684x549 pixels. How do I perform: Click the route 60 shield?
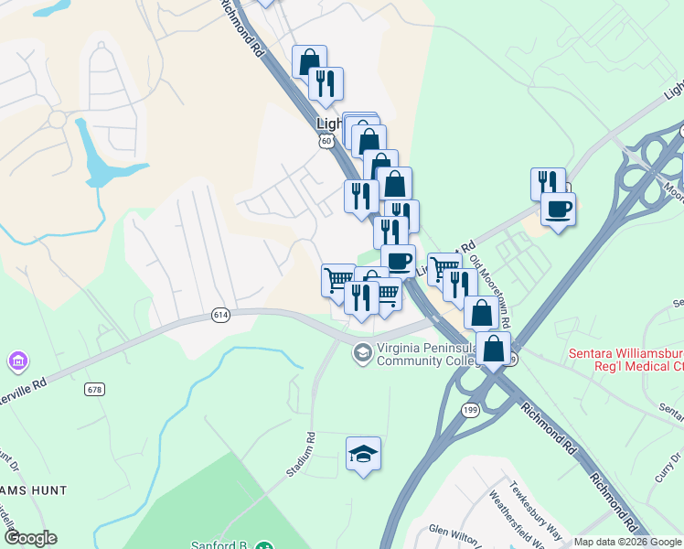pos(326,141)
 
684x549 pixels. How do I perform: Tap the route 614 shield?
pos(219,315)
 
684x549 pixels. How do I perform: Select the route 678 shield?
pos(94,389)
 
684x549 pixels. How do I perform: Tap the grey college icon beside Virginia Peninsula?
pos(363,352)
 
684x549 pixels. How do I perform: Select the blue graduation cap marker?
pos(363,453)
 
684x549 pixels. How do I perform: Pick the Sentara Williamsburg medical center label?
pos(625,360)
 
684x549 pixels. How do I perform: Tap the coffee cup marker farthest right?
pos(558,210)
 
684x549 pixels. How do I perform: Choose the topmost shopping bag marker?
pos(309,61)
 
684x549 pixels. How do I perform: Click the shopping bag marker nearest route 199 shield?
pos(494,349)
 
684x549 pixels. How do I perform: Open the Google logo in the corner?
pos(30,538)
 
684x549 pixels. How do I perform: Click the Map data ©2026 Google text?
pos(627,542)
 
